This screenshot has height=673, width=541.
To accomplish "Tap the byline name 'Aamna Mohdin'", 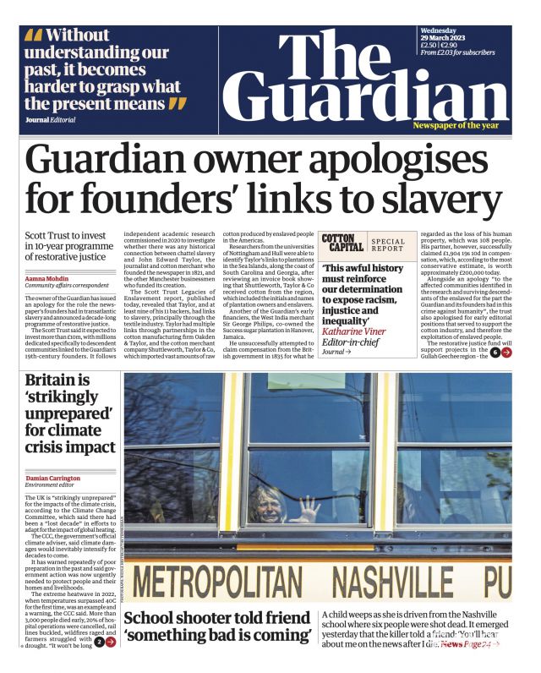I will [x=46, y=277].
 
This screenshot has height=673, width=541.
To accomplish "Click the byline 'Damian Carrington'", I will [x=58, y=479].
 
